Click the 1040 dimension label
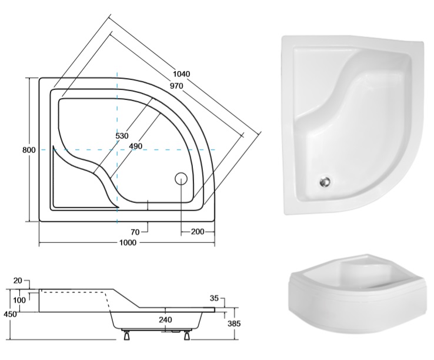point(182,74)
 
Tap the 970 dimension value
point(176,86)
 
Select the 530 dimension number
point(122,136)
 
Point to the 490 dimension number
point(136,146)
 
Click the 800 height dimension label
point(29,150)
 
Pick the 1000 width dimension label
point(128,242)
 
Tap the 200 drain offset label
point(198,232)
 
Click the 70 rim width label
point(135,232)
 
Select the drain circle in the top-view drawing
point(181,179)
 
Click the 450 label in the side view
point(10,314)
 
